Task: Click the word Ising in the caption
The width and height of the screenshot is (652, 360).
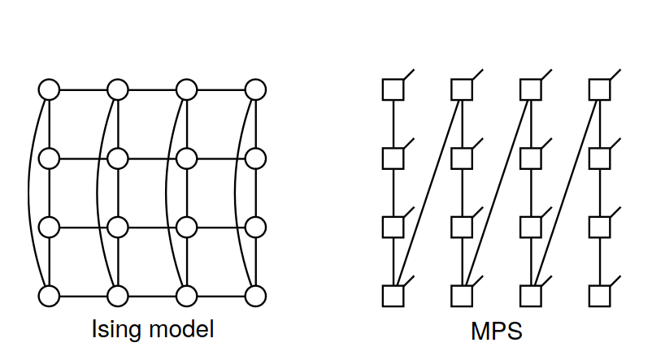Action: (x=112, y=330)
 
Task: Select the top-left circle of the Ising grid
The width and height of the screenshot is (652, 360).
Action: (x=49, y=89)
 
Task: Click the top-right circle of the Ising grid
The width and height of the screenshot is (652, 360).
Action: (x=256, y=89)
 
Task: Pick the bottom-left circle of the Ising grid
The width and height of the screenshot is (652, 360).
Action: (x=49, y=296)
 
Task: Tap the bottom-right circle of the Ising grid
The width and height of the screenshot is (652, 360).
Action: (x=256, y=296)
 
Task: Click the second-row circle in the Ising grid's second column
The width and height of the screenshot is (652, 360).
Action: (x=118, y=158)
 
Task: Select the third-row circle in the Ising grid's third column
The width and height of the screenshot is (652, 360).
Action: (x=187, y=227)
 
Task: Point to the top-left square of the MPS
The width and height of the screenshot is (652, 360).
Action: (x=393, y=89)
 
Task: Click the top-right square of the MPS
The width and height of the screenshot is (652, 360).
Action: (x=600, y=89)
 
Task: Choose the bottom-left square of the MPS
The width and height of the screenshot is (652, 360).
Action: (x=393, y=296)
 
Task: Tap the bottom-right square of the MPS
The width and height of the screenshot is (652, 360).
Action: (x=600, y=296)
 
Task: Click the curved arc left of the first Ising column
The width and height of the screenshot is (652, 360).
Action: (x=30, y=193)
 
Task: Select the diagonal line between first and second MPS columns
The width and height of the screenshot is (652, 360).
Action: (x=428, y=193)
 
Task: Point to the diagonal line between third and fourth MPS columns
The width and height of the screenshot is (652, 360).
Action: (x=566, y=193)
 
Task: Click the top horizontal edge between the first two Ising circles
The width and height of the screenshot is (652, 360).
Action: (x=83, y=89)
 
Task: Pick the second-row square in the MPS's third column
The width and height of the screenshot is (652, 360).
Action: (x=532, y=158)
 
